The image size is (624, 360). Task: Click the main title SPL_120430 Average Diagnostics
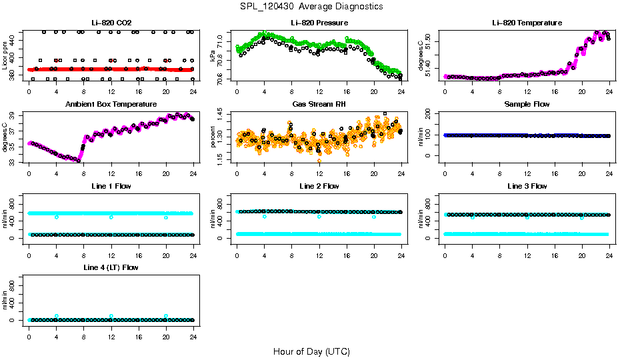point(312,6)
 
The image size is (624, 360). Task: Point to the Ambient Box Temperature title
point(111,104)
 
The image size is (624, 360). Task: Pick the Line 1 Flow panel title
point(111,186)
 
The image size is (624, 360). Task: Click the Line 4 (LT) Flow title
point(111,267)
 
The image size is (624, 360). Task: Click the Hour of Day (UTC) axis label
point(311,351)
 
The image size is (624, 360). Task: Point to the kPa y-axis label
point(213,56)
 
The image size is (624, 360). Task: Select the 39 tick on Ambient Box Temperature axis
point(13,115)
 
